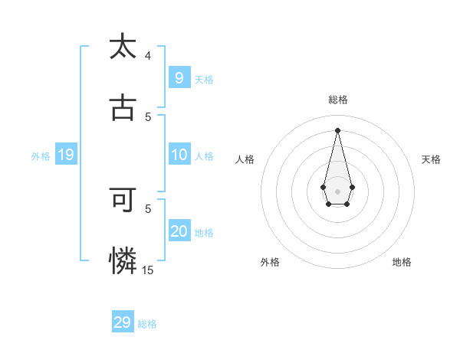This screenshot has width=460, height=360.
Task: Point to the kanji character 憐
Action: (x=123, y=261)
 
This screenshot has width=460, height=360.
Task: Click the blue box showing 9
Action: (x=179, y=77)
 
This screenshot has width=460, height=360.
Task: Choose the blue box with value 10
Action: (x=179, y=155)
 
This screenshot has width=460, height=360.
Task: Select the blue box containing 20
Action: (x=179, y=231)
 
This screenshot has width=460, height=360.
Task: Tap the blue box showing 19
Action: (x=65, y=155)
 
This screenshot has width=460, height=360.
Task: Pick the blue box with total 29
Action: (x=123, y=322)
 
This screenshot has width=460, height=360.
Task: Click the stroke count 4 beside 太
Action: (x=148, y=56)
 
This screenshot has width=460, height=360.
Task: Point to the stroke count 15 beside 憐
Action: (x=148, y=270)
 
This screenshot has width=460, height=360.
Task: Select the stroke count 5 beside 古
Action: (x=148, y=116)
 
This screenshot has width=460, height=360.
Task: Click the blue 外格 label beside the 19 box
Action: (x=41, y=156)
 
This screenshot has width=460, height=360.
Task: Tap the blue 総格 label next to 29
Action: (x=147, y=324)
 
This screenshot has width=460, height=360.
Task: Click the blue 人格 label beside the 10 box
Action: (x=204, y=156)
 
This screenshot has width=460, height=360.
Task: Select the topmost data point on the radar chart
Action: (x=337, y=129)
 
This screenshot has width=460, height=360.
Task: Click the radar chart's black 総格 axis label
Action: (x=338, y=100)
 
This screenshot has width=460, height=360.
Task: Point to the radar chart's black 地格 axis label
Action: (x=402, y=263)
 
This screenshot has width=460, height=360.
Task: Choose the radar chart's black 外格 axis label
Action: (x=270, y=263)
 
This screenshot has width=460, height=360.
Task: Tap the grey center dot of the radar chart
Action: (x=337, y=191)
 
